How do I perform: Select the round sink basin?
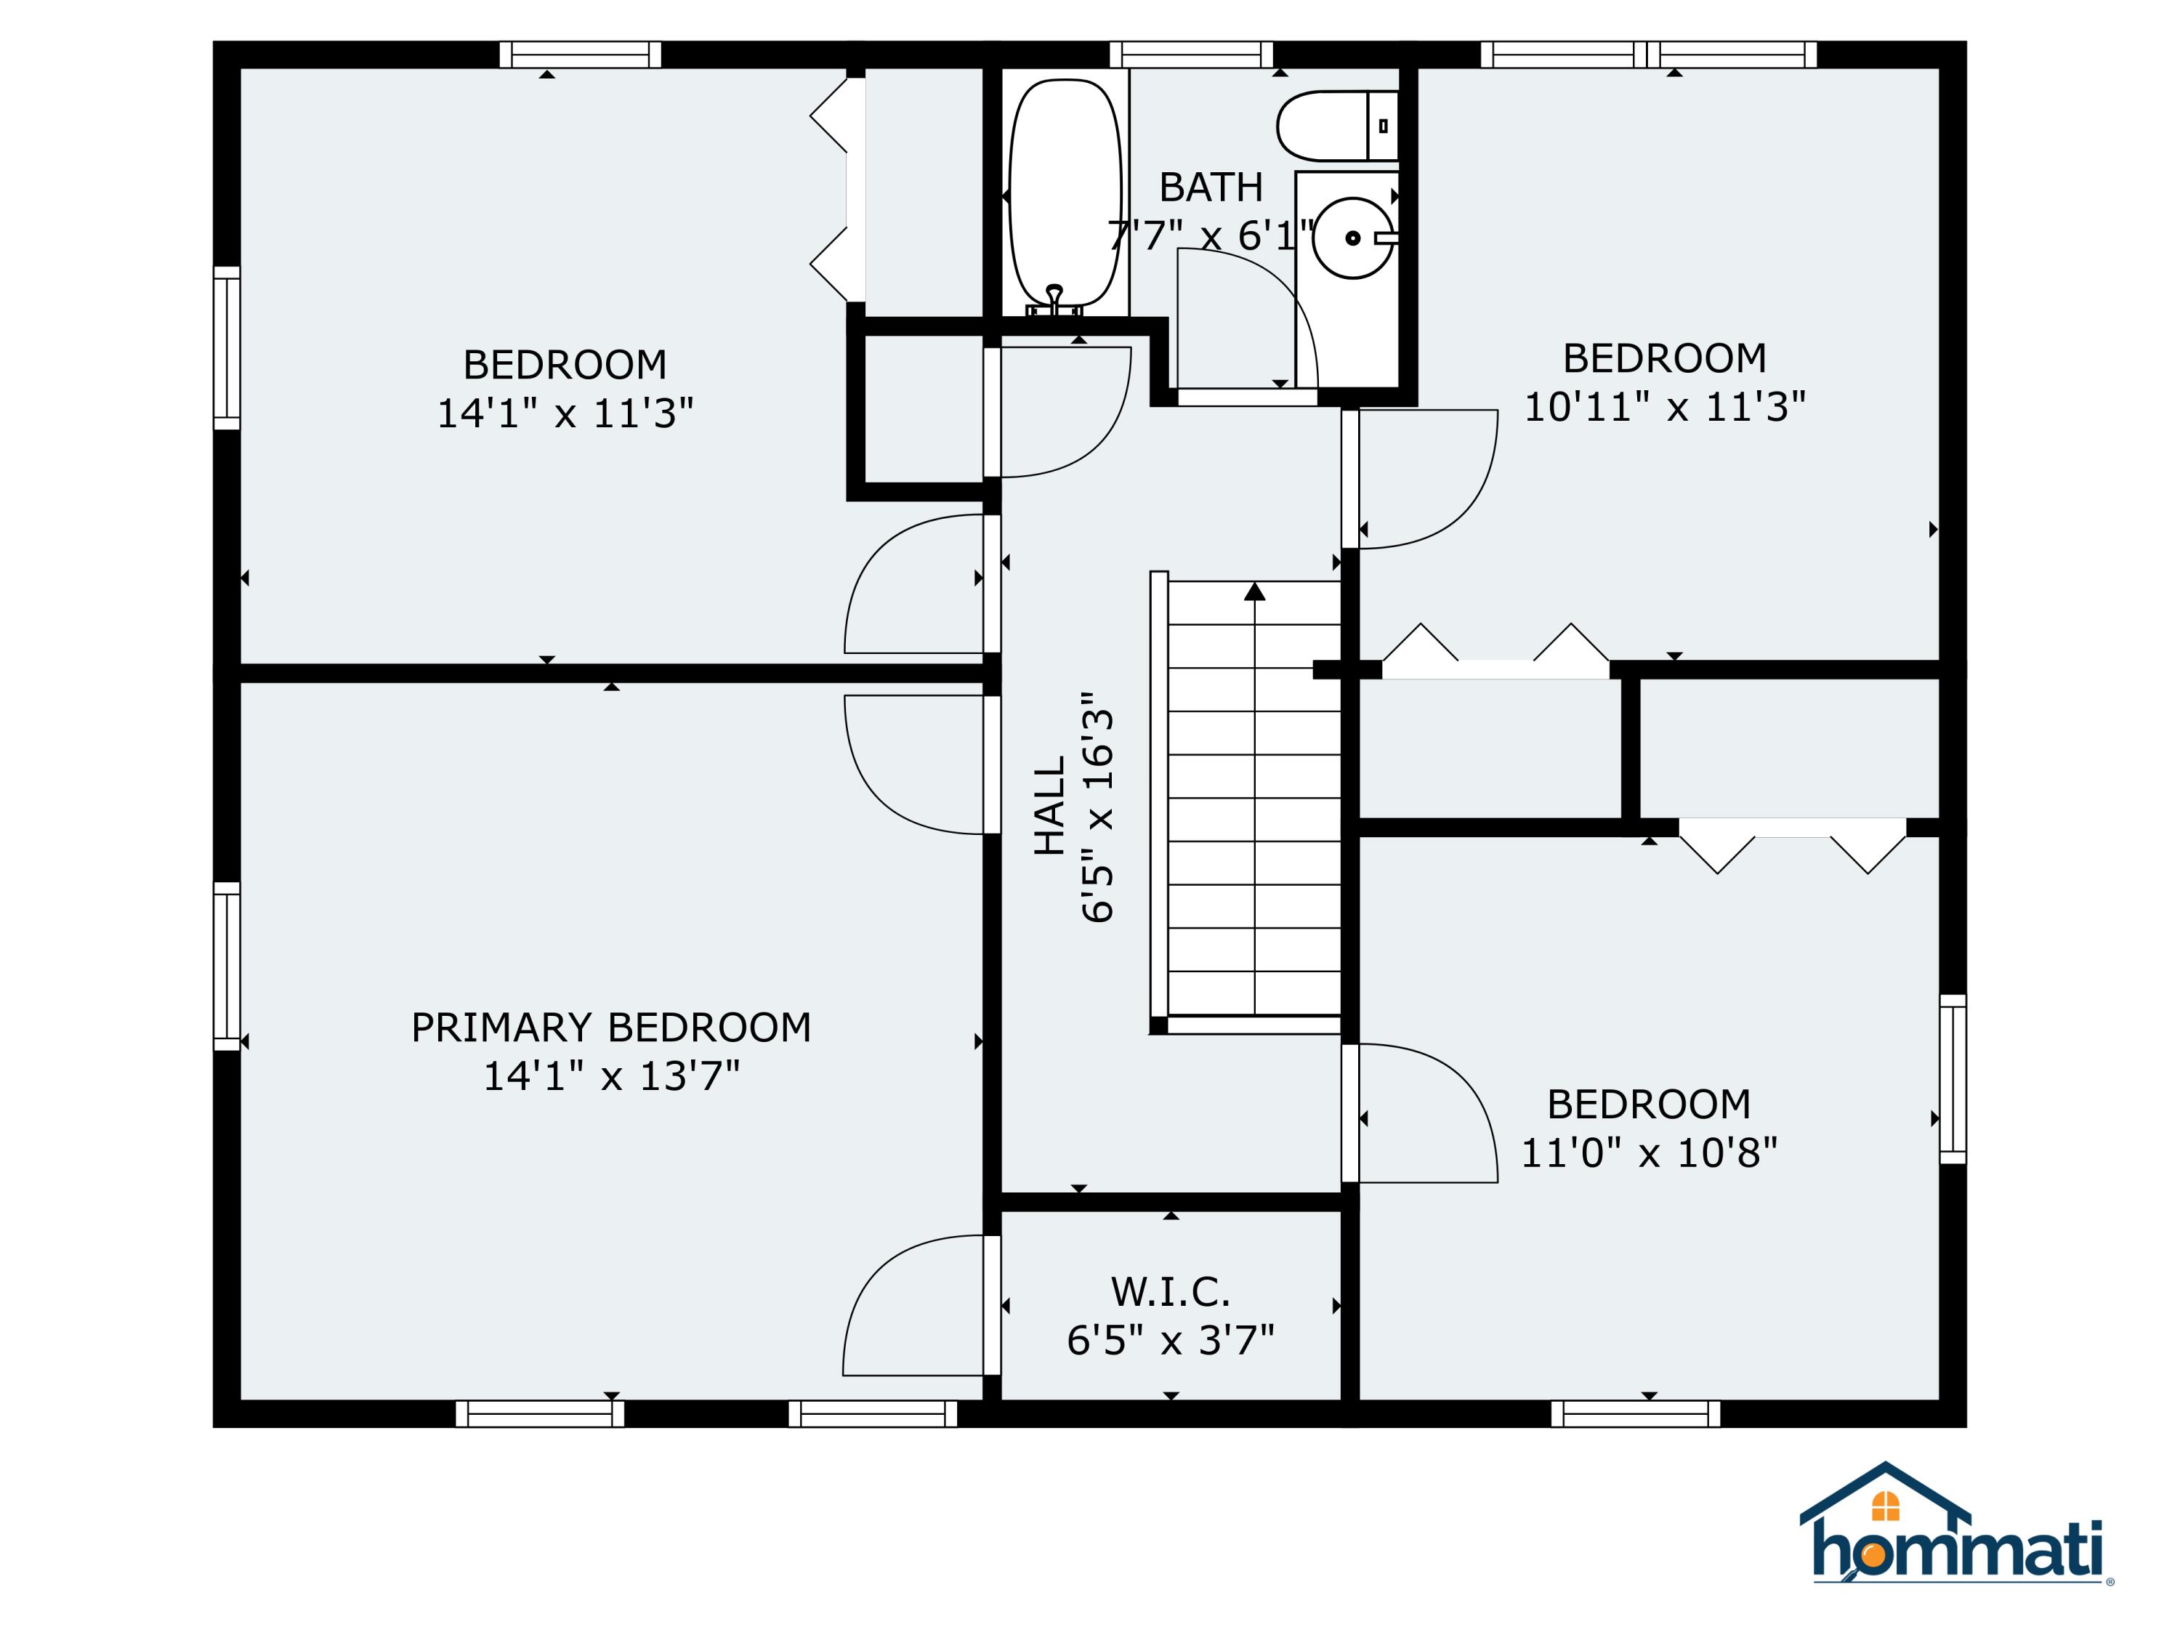[x=1353, y=238]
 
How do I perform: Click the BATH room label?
[x=1210, y=187]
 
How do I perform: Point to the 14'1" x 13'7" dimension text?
[x=611, y=1076]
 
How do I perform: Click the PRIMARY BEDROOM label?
[x=611, y=1028]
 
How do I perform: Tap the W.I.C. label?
[x=1170, y=1291]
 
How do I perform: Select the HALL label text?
[x=1049, y=805]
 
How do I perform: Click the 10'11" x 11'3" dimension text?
[x=1665, y=407]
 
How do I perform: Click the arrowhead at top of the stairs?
[x=1253, y=592]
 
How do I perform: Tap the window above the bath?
[x=1190, y=54]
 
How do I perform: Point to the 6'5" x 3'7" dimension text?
[x=1170, y=1340]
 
